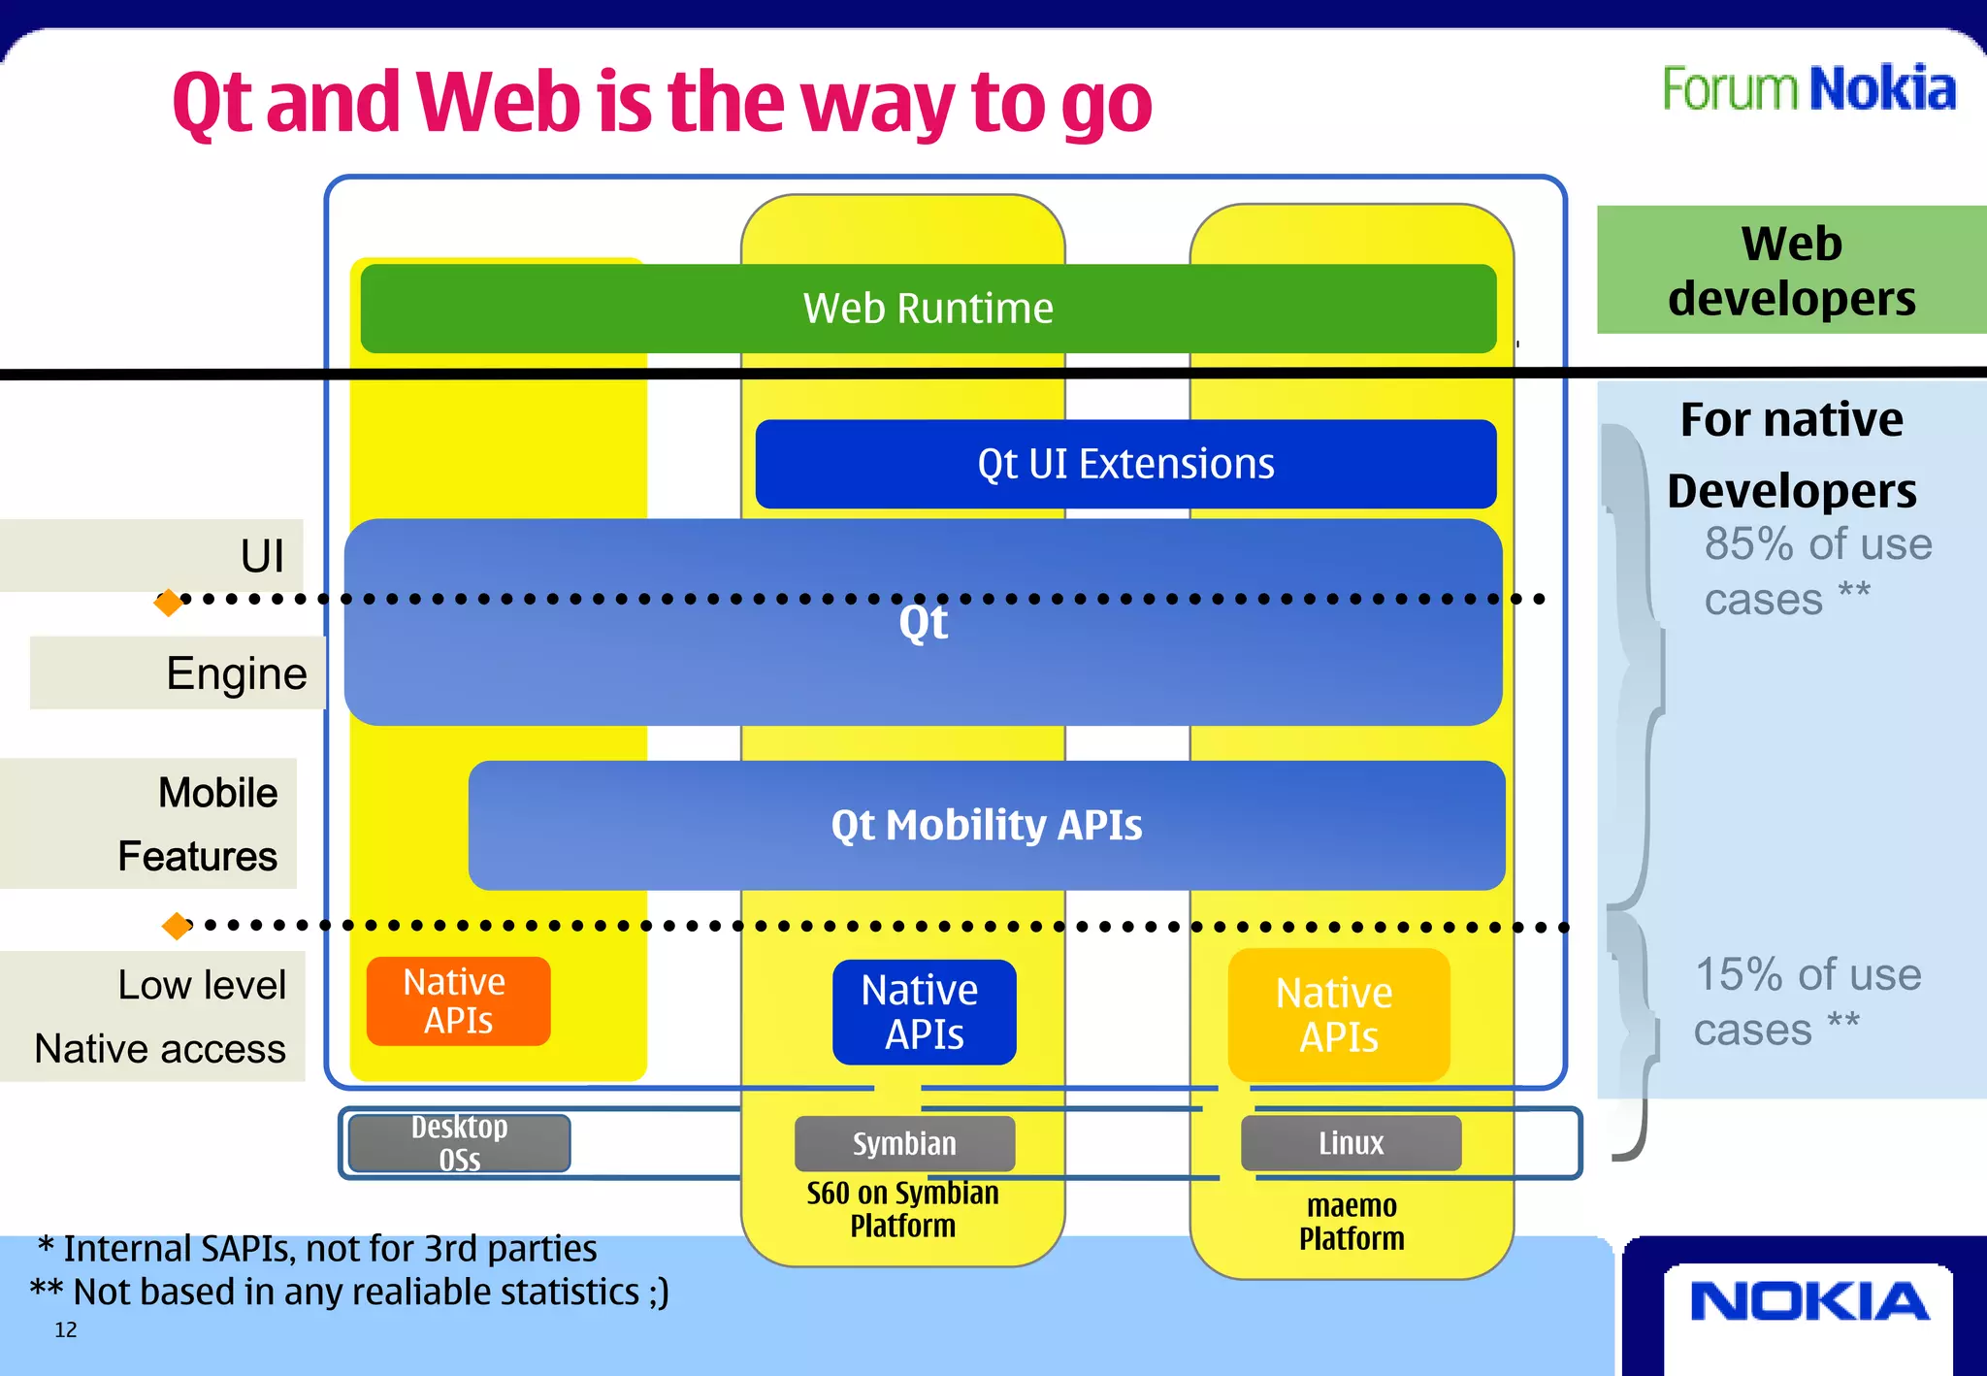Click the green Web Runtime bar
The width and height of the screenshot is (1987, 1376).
[928, 309]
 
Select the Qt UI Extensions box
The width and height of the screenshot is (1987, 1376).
[1125, 464]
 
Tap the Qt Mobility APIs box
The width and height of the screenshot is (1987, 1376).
[986, 826]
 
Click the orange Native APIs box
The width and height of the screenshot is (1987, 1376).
[458, 1001]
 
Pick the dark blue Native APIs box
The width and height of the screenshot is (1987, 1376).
[924, 1012]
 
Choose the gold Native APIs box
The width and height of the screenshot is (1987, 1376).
[1338, 1015]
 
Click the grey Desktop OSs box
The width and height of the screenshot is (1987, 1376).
[459, 1143]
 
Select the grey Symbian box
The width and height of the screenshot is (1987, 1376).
[904, 1143]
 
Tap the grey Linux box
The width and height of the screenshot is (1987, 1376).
[1351, 1143]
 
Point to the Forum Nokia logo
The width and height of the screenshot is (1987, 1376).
[1808, 89]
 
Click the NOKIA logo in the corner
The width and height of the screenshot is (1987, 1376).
[1808, 1302]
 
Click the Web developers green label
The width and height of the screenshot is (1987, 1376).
[1791, 270]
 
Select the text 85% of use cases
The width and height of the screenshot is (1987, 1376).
[1816, 572]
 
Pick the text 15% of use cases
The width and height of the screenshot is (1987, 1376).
[1807, 1001]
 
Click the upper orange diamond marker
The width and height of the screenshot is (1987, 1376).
[169, 603]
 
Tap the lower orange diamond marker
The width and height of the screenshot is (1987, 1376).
[177, 926]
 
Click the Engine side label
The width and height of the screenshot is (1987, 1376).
[236, 673]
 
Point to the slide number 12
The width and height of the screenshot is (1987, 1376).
[66, 1330]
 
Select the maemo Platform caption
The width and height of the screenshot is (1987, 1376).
[1352, 1223]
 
